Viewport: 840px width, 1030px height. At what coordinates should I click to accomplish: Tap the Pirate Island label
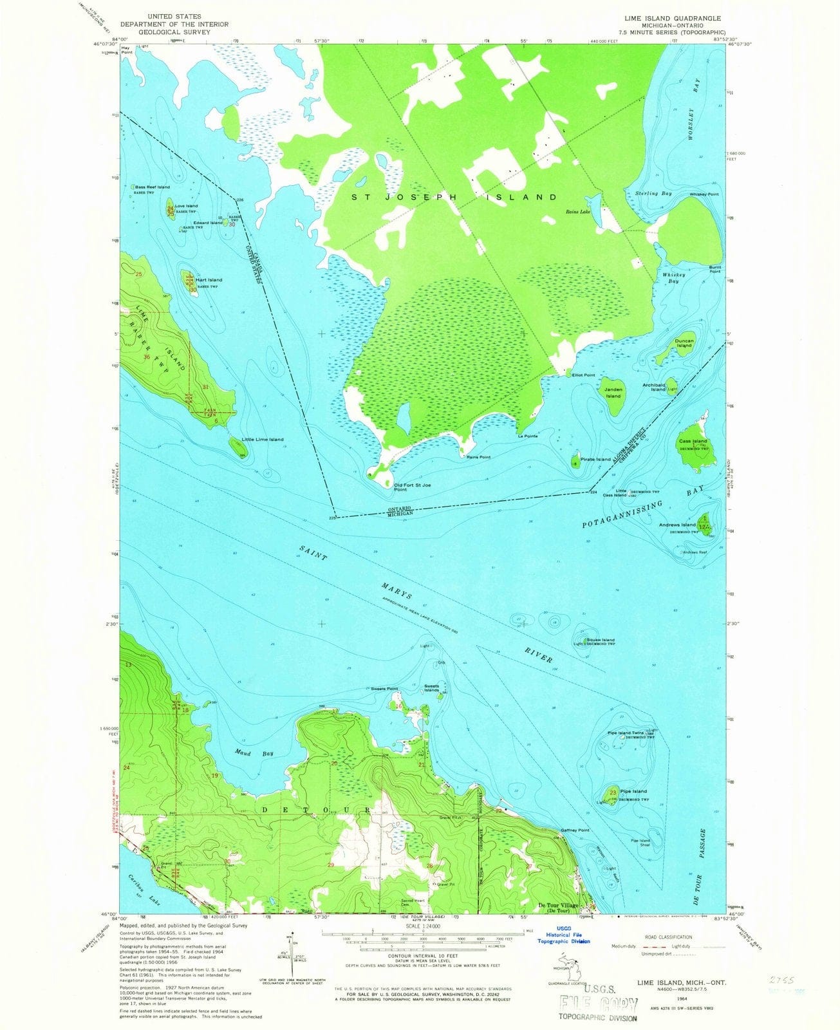click(595, 459)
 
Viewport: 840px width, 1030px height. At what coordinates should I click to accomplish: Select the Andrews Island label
click(677, 525)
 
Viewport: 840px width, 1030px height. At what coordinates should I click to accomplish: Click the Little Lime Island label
click(262, 439)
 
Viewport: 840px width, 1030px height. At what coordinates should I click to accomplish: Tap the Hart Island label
click(210, 280)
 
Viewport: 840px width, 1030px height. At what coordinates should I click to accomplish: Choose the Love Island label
click(186, 206)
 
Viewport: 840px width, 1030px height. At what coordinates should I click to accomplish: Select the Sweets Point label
click(384, 689)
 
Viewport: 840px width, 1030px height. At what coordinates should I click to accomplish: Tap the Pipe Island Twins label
click(625, 733)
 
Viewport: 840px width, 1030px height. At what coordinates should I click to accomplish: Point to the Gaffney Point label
click(575, 830)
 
